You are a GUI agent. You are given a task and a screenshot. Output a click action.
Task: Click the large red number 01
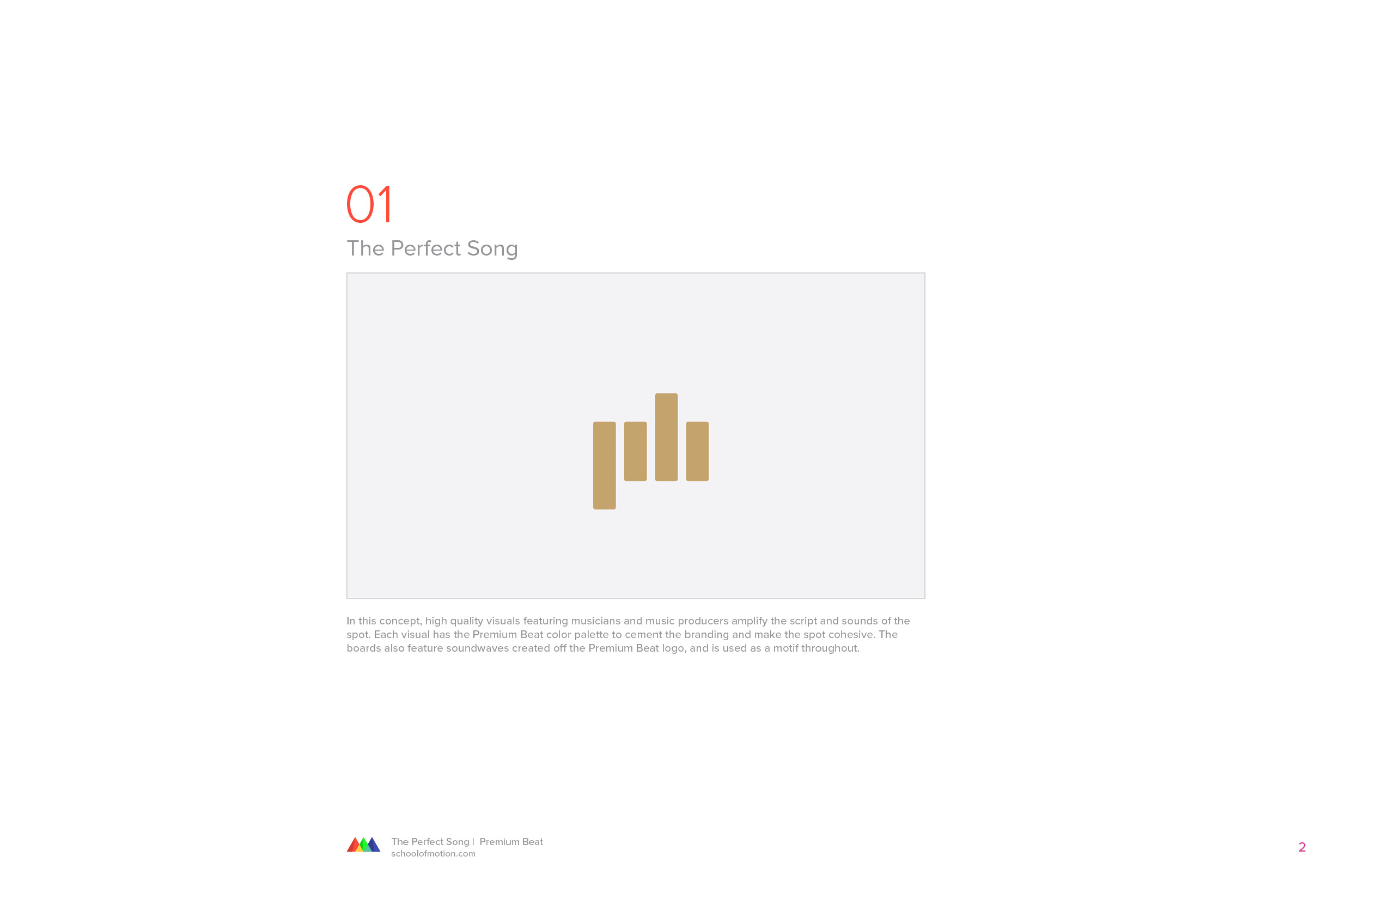click(x=369, y=204)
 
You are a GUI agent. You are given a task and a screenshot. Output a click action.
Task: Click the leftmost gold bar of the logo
click(x=604, y=465)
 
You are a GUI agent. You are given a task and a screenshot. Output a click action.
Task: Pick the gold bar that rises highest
click(x=666, y=437)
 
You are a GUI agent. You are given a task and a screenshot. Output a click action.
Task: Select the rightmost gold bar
click(x=697, y=451)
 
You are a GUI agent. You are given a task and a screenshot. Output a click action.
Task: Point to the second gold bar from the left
click(x=635, y=451)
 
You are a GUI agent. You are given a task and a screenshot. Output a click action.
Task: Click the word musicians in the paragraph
click(x=595, y=621)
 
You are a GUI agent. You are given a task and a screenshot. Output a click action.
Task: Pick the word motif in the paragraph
click(x=785, y=648)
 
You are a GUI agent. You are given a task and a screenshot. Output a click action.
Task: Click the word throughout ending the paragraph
click(x=831, y=649)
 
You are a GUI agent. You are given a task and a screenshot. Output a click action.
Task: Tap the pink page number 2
click(x=1302, y=847)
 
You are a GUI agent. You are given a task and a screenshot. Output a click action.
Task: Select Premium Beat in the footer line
click(x=511, y=842)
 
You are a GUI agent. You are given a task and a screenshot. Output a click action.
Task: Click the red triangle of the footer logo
click(x=354, y=845)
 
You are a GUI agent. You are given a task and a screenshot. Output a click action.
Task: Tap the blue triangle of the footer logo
click(x=374, y=845)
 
